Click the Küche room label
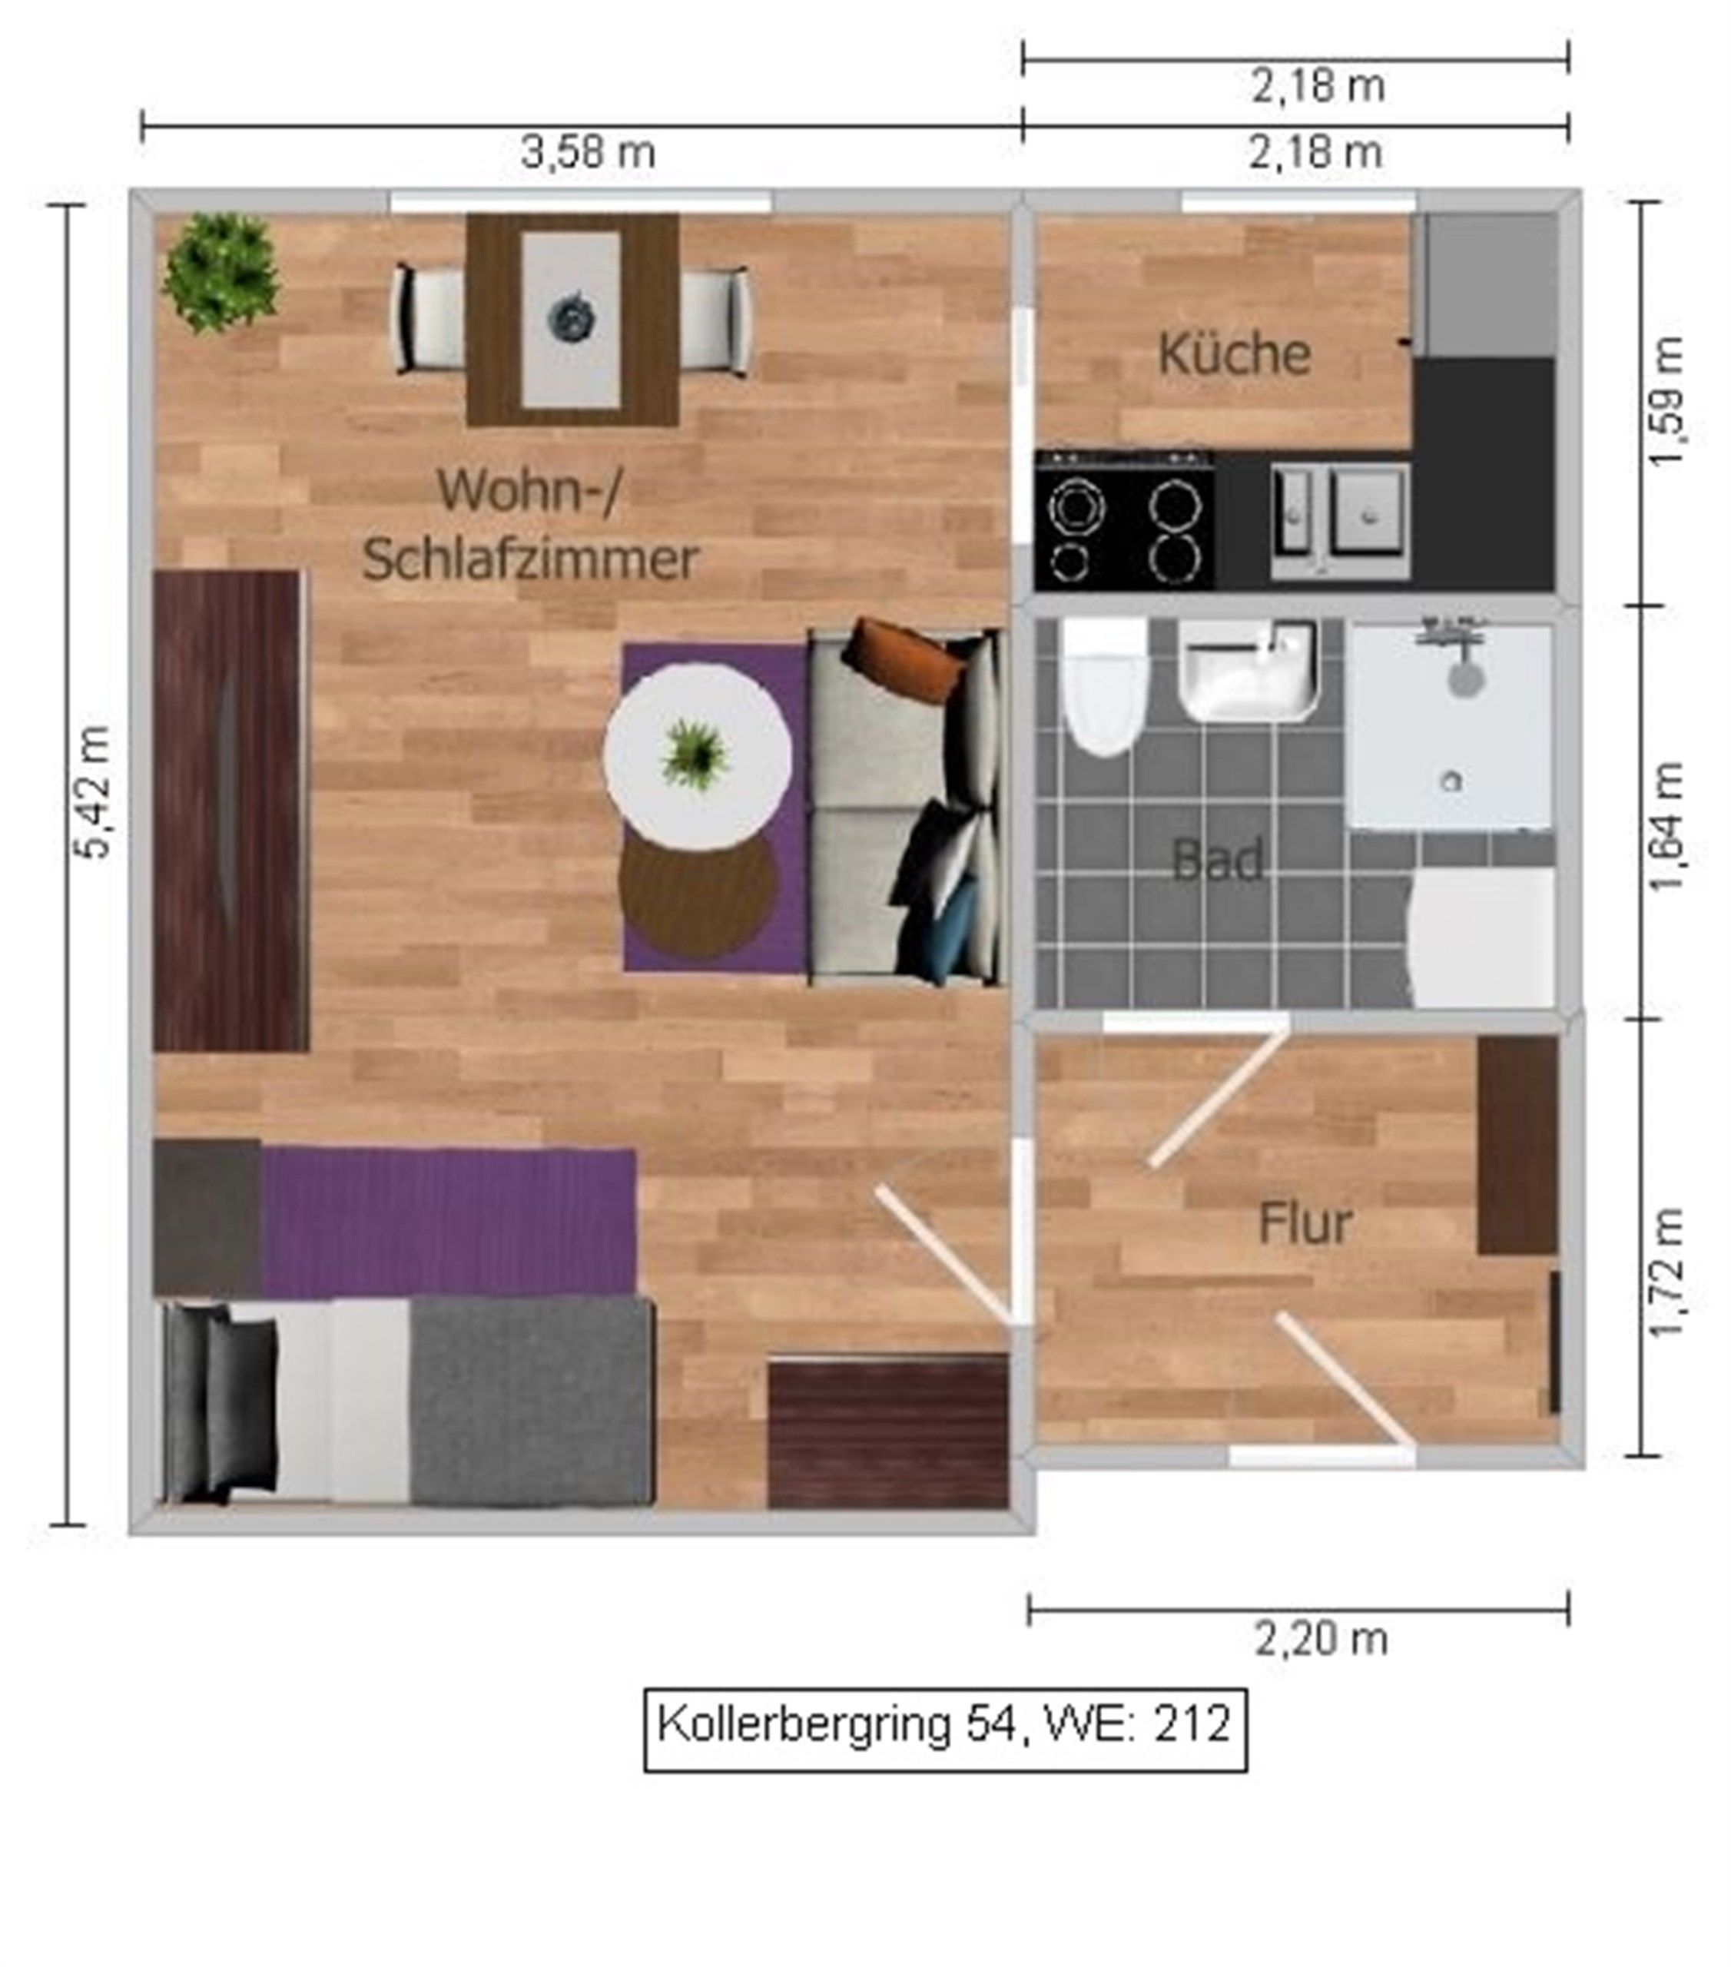[x=1234, y=353]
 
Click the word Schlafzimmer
[x=530, y=559]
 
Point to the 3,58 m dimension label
[x=588, y=152]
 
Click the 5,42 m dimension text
[x=95, y=791]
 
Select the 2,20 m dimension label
[x=1321, y=1640]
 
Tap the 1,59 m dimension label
[x=1666, y=401]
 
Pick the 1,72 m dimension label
[x=1666, y=1272]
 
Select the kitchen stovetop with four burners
[x=1124, y=519]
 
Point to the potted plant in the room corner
[x=222, y=272]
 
